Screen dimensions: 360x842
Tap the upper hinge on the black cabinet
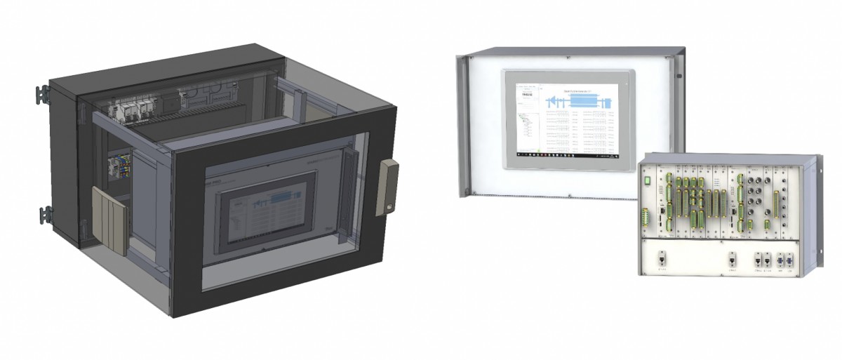click(x=42, y=93)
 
